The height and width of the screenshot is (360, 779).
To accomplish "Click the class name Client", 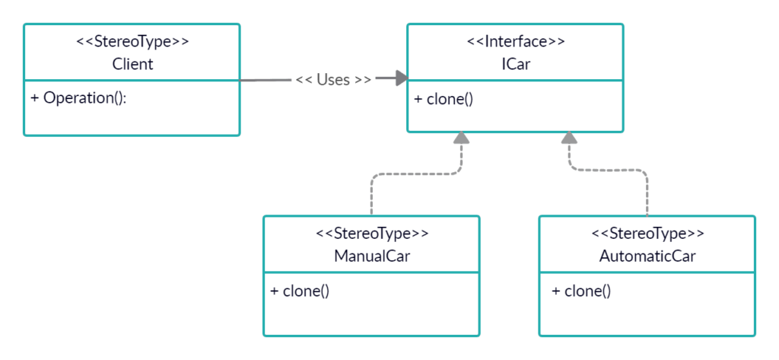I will [x=132, y=64].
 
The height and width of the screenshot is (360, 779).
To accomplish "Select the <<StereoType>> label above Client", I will [x=132, y=42].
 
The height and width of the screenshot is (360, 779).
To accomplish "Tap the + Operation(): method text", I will [x=78, y=98].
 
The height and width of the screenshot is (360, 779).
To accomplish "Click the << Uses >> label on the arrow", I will [x=333, y=80].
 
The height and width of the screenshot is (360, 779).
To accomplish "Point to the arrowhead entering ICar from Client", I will [x=399, y=79].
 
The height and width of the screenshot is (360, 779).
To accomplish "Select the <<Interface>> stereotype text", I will [x=515, y=42].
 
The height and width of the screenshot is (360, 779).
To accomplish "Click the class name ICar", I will [x=515, y=64].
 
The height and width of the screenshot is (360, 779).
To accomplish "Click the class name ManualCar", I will [x=371, y=256].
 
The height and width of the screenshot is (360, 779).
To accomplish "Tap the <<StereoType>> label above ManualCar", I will [x=371, y=234].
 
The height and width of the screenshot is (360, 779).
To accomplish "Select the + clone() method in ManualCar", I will [x=300, y=291].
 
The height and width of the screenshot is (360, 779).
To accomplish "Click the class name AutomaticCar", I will [x=647, y=256].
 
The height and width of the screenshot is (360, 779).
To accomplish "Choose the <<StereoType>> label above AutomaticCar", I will [x=647, y=234].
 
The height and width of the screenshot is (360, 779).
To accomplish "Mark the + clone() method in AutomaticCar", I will [x=580, y=291].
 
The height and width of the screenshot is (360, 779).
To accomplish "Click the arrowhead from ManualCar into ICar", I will [x=459, y=139].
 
